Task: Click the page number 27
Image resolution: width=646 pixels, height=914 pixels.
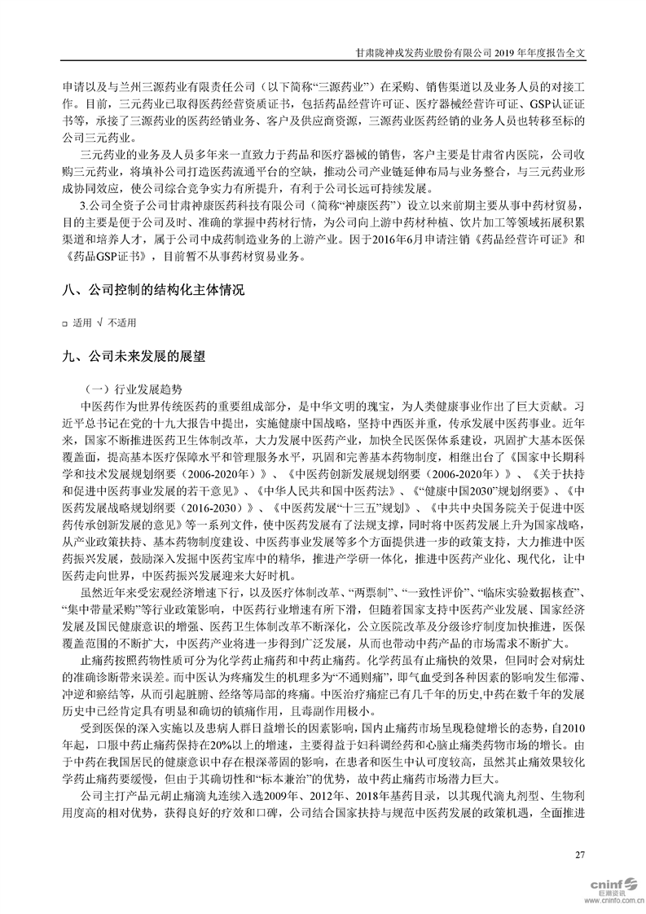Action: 580,855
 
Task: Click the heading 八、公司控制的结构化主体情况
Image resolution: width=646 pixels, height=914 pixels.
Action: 153,290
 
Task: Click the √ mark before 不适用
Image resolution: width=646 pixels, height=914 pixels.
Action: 99,323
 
